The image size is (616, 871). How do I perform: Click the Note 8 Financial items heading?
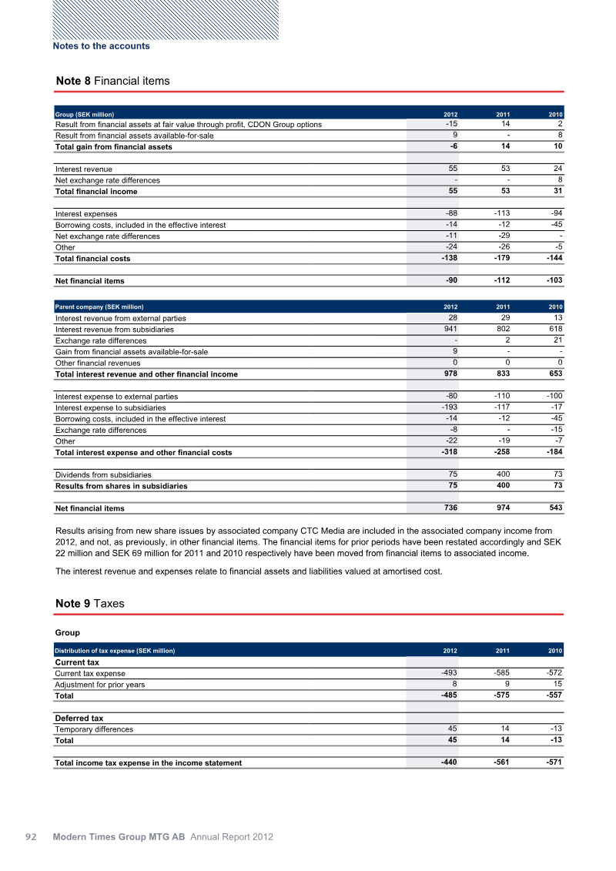coord(112,81)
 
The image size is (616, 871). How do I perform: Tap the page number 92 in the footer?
coord(32,837)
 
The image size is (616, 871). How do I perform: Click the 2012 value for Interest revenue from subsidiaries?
coord(450,329)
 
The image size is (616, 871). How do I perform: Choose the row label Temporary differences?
coord(94,729)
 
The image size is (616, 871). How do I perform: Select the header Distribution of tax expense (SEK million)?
coord(115,651)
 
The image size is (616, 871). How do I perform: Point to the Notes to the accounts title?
coord(101,46)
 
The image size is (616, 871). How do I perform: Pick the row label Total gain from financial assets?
coord(114,147)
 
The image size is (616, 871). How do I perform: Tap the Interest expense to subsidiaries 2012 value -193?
coord(449,407)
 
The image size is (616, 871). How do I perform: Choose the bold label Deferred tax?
coord(79,719)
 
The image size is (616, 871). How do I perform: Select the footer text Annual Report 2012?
coord(232,837)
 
